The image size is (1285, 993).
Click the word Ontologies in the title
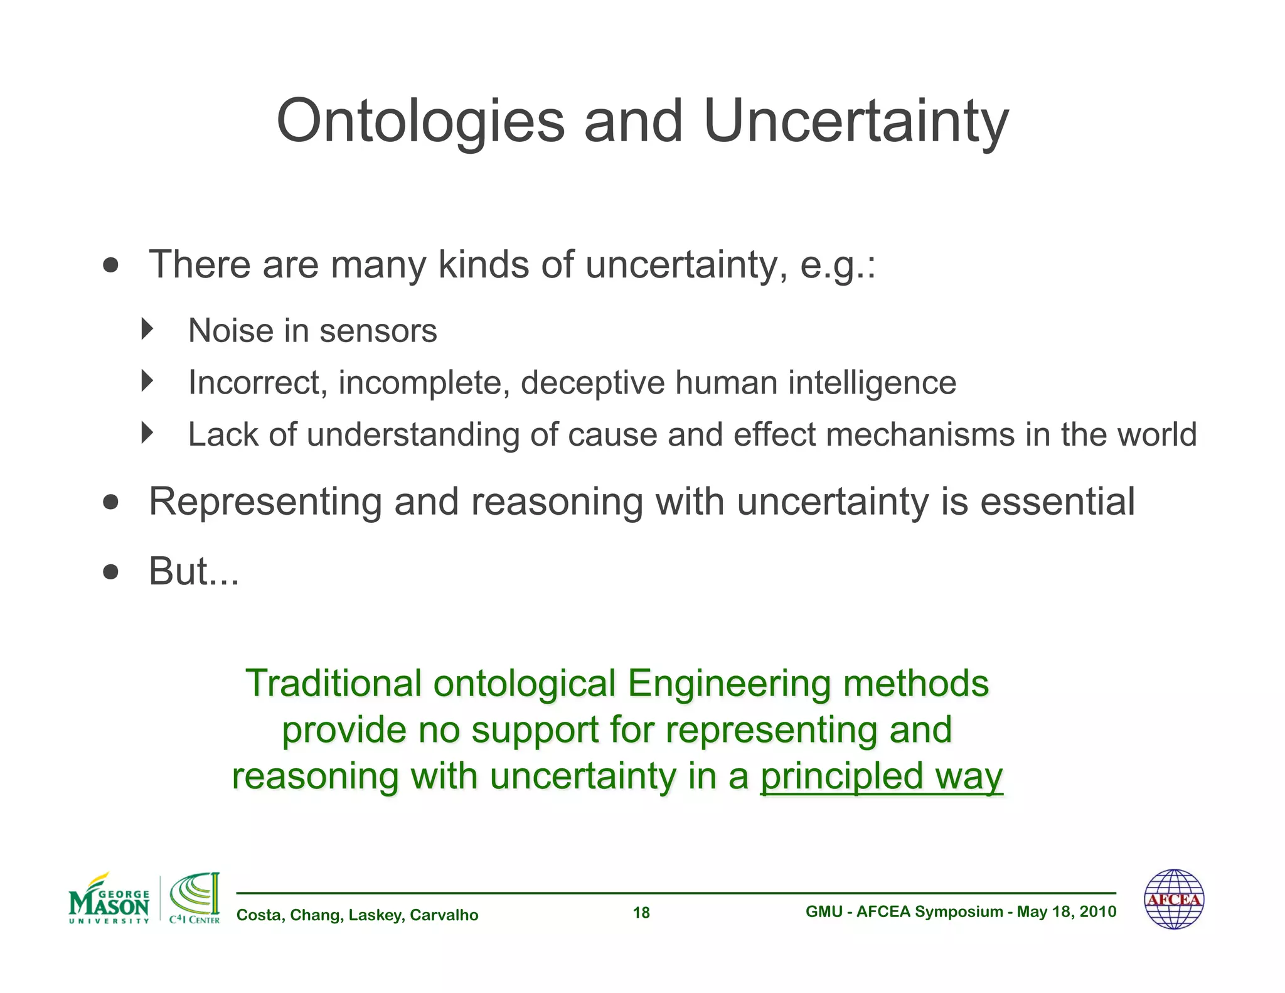[x=420, y=122]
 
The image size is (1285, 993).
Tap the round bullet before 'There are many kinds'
[x=110, y=266]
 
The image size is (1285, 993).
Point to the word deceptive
[x=592, y=383]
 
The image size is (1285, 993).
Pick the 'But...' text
[x=193, y=572]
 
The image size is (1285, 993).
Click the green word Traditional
[x=333, y=684]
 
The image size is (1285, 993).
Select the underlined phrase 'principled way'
[x=881, y=777]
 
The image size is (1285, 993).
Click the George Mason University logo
[x=109, y=899]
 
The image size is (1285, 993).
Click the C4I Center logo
[x=195, y=898]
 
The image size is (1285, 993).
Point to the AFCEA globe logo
[x=1173, y=899]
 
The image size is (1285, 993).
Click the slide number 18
[x=641, y=913]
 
